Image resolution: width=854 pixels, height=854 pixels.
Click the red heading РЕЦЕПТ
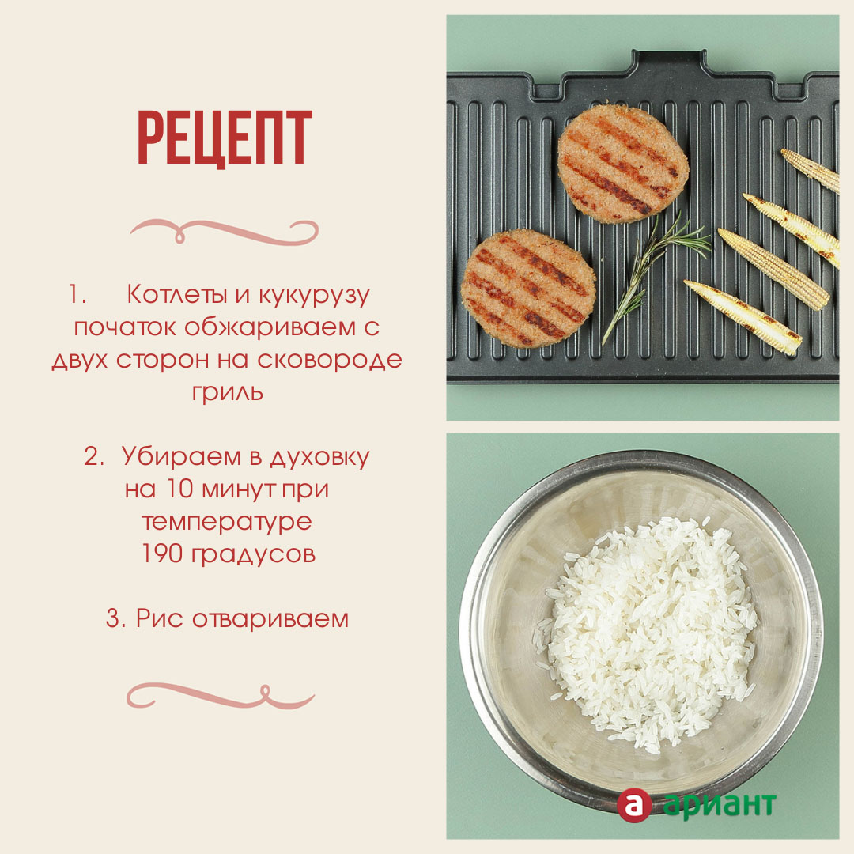[225, 138]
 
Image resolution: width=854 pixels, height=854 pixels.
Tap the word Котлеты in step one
[176, 295]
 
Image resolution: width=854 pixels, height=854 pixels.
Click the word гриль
[228, 393]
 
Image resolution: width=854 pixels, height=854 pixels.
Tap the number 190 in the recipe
[162, 554]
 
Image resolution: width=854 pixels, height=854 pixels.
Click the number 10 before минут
[180, 489]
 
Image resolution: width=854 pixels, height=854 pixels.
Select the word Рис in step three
[159, 618]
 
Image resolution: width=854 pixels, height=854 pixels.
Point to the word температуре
[227, 522]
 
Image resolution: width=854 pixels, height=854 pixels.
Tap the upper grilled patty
[623, 164]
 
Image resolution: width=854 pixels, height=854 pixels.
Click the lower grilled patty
[528, 288]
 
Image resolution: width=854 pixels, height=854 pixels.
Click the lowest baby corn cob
[743, 317]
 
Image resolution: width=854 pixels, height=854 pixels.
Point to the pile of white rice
[648, 634]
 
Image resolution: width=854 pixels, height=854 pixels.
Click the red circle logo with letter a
[634, 804]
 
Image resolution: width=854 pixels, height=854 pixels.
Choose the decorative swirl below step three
[221, 696]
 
